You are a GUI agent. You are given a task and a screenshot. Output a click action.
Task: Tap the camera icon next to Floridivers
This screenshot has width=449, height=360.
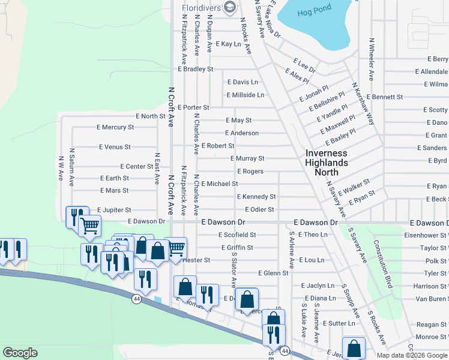(x=229, y=7)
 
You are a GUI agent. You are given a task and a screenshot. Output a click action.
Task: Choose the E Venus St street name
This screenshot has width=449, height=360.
(x=115, y=147)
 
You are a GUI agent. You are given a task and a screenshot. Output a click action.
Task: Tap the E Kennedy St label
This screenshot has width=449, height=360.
(x=256, y=197)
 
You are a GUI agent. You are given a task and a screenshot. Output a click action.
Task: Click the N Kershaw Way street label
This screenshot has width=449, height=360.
(x=363, y=104)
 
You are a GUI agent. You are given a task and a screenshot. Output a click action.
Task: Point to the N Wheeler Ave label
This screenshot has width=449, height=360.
(x=372, y=59)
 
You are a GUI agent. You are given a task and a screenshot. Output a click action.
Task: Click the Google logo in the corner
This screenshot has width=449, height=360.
(x=21, y=353)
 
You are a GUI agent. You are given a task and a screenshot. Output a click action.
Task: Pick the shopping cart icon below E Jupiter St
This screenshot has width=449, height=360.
(x=89, y=227)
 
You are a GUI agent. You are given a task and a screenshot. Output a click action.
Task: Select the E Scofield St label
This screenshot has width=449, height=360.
(x=237, y=235)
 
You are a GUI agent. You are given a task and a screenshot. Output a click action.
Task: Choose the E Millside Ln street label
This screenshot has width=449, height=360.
(x=245, y=95)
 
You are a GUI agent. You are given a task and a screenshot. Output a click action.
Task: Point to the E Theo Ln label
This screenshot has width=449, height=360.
(x=313, y=235)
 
